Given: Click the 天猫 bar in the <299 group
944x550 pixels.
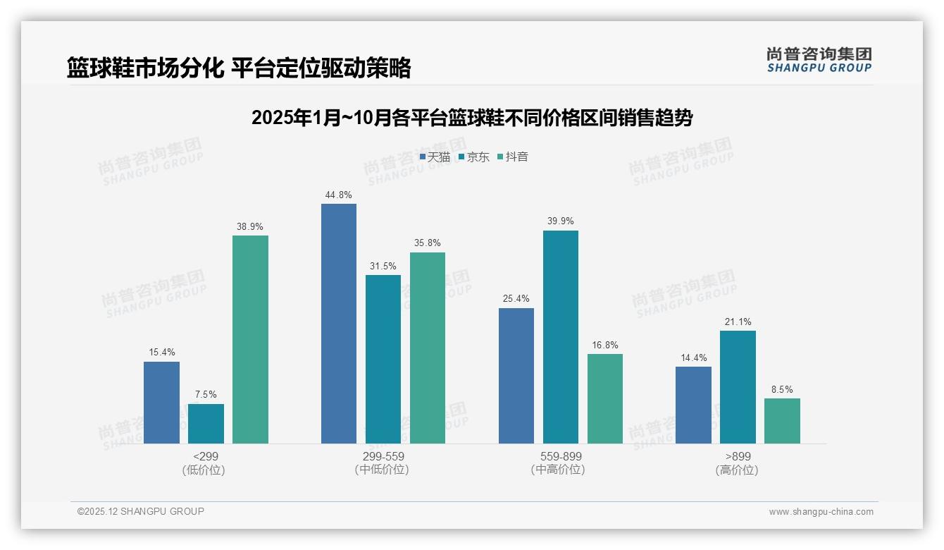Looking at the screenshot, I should [161, 403].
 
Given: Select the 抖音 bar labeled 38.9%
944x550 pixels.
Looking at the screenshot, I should [250, 339].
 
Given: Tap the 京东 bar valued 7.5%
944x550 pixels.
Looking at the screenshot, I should [206, 424].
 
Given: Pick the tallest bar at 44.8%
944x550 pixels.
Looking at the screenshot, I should [339, 324].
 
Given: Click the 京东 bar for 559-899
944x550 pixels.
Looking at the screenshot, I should [561, 337].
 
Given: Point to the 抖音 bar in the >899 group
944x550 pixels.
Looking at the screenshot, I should [782, 421].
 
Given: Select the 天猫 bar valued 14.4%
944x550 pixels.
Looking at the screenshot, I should [693, 405].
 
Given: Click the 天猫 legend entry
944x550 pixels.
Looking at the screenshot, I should [435, 157].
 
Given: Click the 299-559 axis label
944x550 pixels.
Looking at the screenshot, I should [383, 457].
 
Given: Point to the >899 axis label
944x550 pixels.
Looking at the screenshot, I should [738, 457].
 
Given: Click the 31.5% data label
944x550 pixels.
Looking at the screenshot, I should [383, 266].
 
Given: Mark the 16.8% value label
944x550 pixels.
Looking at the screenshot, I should [605, 345].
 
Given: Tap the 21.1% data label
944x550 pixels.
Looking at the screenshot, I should [738, 322].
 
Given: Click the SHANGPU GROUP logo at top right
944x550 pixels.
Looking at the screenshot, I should [819, 59].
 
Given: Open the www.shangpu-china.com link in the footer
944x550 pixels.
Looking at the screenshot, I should [821, 512].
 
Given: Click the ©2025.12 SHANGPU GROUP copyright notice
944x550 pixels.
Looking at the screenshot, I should [141, 511].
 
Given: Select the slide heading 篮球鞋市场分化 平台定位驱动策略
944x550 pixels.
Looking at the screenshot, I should [239, 68].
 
